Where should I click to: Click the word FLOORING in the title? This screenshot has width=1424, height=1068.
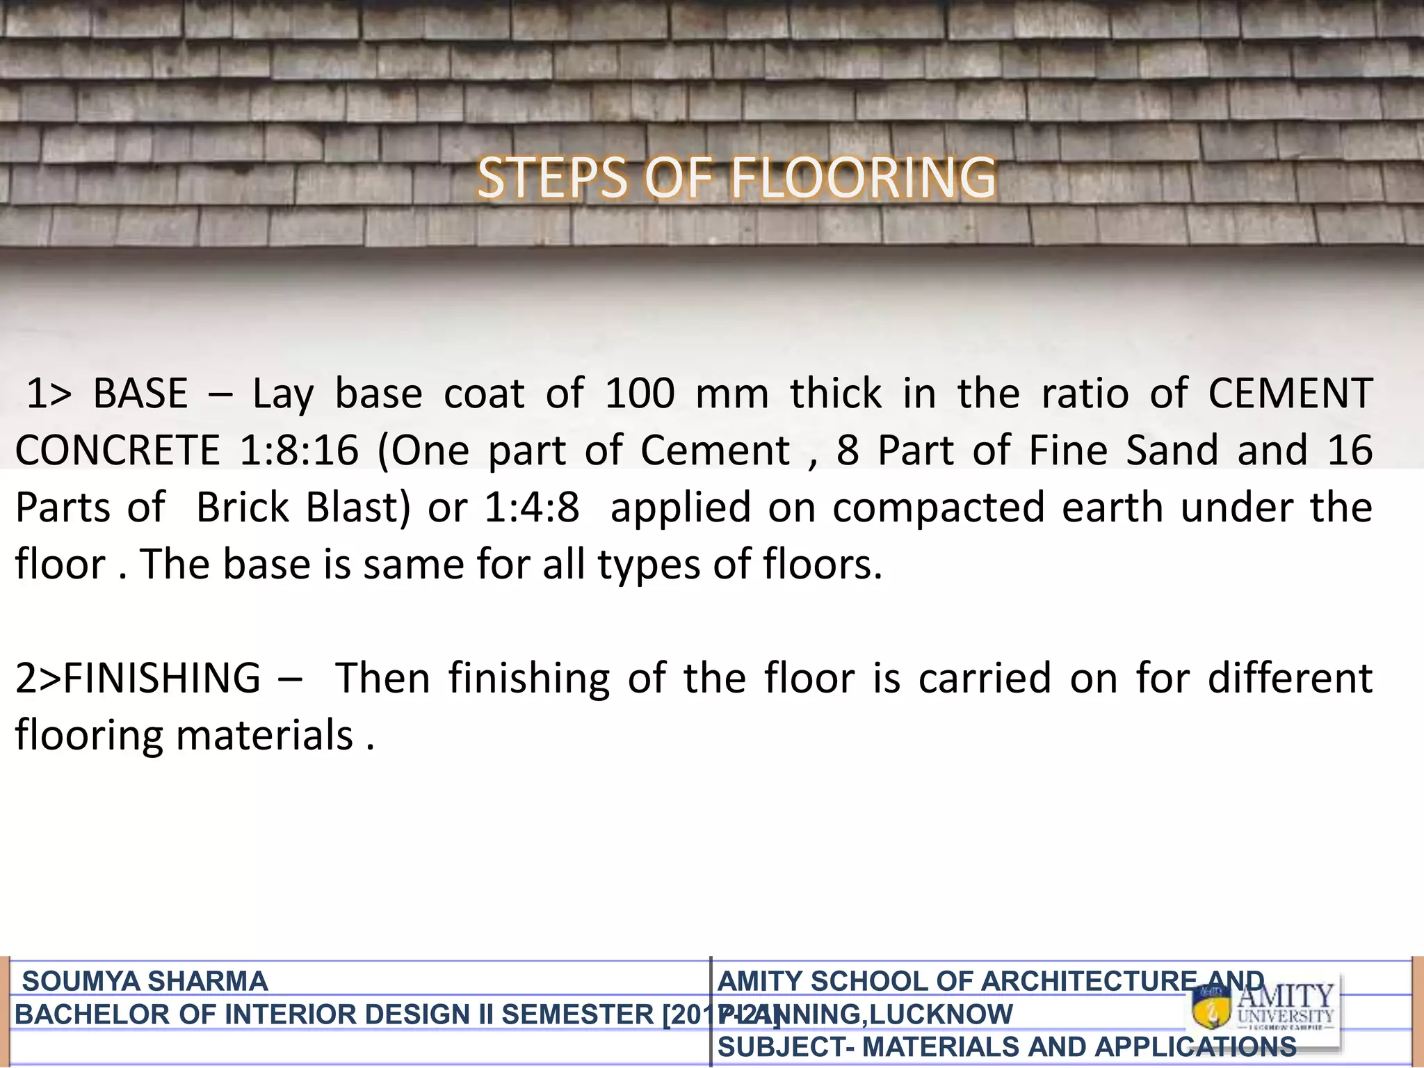tap(862, 179)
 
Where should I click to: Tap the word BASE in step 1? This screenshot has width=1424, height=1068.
tap(140, 394)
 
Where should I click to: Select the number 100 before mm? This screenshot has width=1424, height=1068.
tap(640, 394)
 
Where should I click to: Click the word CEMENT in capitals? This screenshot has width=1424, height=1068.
tap(1290, 394)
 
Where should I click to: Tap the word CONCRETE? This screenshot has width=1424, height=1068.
tap(118, 451)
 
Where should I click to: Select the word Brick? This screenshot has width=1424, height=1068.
tap(242, 508)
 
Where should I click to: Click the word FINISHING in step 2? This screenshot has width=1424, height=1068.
tap(161, 678)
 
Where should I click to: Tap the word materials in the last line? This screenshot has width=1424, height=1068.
tap(265, 735)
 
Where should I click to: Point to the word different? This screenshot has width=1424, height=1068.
tap(1290, 678)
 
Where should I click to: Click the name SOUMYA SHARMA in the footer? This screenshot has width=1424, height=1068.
tap(145, 981)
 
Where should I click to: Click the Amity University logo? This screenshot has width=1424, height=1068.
tap(1263, 1009)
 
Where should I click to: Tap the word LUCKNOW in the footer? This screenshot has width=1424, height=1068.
tap(941, 1014)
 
